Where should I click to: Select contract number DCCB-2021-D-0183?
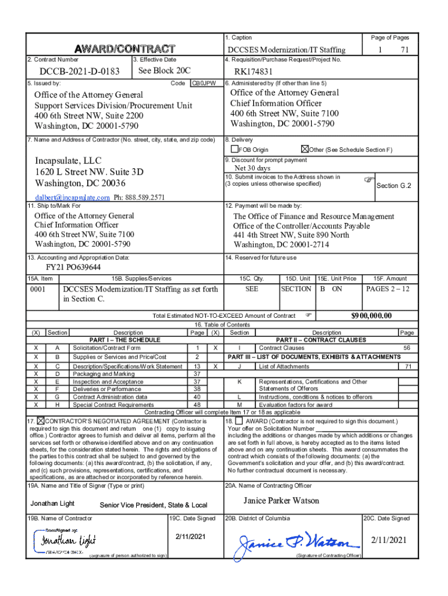[x=80, y=72]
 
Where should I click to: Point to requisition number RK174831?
[x=254, y=72]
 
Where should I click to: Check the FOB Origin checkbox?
[x=235, y=150]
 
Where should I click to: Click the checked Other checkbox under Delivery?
[x=305, y=150]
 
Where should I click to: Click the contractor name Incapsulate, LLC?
[x=67, y=160]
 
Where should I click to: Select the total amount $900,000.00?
[x=371, y=315]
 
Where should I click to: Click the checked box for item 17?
[x=41, y=420]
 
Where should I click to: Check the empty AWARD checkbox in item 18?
[x=239, y=420]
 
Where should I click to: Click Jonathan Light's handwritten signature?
[x=67, y=541]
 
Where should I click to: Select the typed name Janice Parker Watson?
[x=281, y=501]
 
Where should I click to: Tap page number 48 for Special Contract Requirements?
[x=197, y=405]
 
